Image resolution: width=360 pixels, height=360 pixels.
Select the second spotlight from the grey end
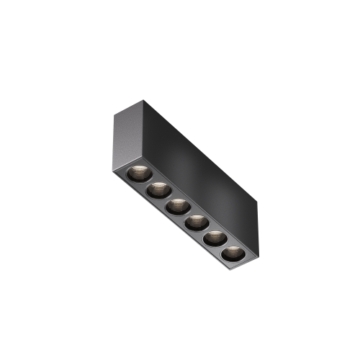click(x=156, y=190)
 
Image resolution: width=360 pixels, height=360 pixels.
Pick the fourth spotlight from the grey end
click(x=194, y=222)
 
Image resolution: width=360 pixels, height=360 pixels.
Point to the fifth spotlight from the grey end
click(x=212, y=238)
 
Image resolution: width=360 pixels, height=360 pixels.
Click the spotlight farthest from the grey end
click(x=231, y=253)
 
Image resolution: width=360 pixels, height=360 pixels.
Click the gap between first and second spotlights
click(x=147, y=182)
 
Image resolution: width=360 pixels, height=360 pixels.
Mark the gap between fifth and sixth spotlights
click(x=222, y=246)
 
